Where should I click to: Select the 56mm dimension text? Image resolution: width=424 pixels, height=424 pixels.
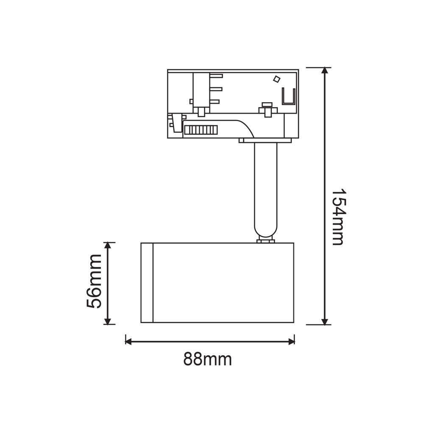94,281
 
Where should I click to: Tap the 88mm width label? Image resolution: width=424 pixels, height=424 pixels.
207,360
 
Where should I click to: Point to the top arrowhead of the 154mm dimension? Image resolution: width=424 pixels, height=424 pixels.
325,70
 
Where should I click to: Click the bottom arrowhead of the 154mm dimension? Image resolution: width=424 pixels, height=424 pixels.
325,321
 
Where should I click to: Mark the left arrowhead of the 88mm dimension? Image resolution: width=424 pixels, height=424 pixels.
128,341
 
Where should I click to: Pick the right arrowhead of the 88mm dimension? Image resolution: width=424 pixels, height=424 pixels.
292,341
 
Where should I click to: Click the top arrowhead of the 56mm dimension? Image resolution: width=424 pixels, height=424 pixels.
108,245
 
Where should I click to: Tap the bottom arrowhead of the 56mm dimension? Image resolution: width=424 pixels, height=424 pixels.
108,321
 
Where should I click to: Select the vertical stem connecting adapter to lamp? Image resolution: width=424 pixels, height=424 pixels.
265,189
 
